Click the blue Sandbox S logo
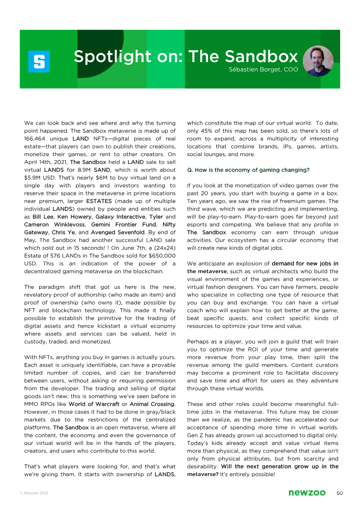point(39,62)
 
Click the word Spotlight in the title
point(106,57)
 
